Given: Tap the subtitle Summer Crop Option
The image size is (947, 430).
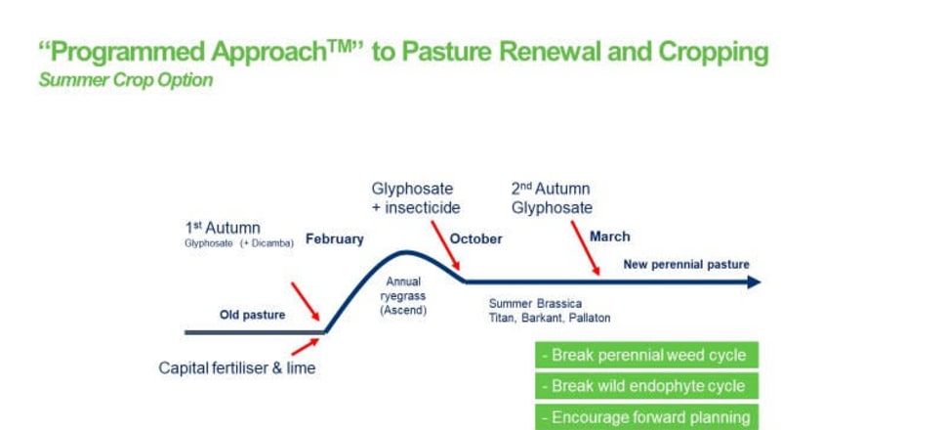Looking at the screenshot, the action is (126, 80).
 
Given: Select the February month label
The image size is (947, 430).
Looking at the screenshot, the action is (335, 239).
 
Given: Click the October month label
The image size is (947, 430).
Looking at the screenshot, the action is (475, 238).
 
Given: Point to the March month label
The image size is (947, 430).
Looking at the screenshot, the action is (609, 236).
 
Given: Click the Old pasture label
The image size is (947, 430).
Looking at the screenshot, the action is (253, 315).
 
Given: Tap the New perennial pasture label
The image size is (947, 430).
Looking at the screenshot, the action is (686, 264).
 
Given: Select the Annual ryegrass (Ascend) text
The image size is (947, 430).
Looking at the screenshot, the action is (403, 296).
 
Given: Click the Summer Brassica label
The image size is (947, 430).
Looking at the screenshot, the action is (536, 304).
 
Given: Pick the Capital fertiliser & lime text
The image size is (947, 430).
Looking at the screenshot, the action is (236, 368).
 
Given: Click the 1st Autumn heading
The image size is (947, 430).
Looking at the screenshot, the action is (223, 228).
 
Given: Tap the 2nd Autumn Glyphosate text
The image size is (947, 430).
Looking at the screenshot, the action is (552, 198).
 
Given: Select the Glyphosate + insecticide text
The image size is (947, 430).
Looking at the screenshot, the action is (416, 198).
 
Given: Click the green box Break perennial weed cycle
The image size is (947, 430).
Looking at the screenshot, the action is (646, 355).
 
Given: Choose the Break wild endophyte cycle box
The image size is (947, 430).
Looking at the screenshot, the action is (646, 386).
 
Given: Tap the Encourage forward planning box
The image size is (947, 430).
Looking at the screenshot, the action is (646, 417).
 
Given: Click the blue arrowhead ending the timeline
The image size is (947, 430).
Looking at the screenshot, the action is (754, 281).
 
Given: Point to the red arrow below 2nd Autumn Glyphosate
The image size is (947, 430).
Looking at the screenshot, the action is (585, 248).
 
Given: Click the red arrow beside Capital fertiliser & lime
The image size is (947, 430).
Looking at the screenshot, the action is (305, 347).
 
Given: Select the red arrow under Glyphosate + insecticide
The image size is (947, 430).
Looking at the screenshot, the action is (445, 245).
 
